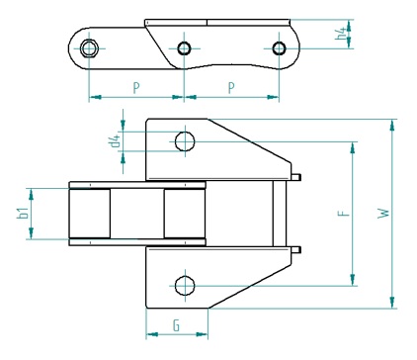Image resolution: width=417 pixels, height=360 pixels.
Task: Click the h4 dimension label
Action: tap(342, 34)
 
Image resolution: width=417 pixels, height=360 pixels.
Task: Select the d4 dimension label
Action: tap(116, 141)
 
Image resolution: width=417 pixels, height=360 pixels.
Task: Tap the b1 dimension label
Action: tap(22, 214)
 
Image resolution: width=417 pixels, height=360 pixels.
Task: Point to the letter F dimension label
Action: tap(343, 213)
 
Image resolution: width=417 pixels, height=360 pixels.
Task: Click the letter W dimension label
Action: tap(383, 213)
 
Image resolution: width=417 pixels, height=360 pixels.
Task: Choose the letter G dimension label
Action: tap(177, 325)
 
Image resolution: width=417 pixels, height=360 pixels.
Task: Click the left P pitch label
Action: tap(136, 88)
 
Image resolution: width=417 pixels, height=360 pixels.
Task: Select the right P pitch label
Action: tap(231, 88)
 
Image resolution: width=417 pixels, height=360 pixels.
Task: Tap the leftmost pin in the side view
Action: tap(89, 48)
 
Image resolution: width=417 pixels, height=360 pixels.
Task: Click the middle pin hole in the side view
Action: tap(184, 48)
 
